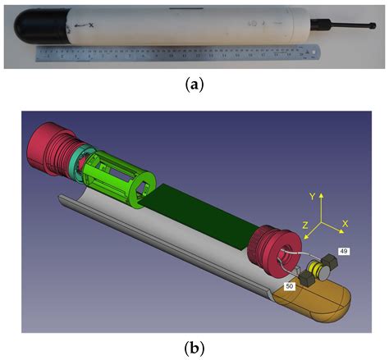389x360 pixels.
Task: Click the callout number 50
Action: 290,286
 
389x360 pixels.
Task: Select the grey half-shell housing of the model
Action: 148,246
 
